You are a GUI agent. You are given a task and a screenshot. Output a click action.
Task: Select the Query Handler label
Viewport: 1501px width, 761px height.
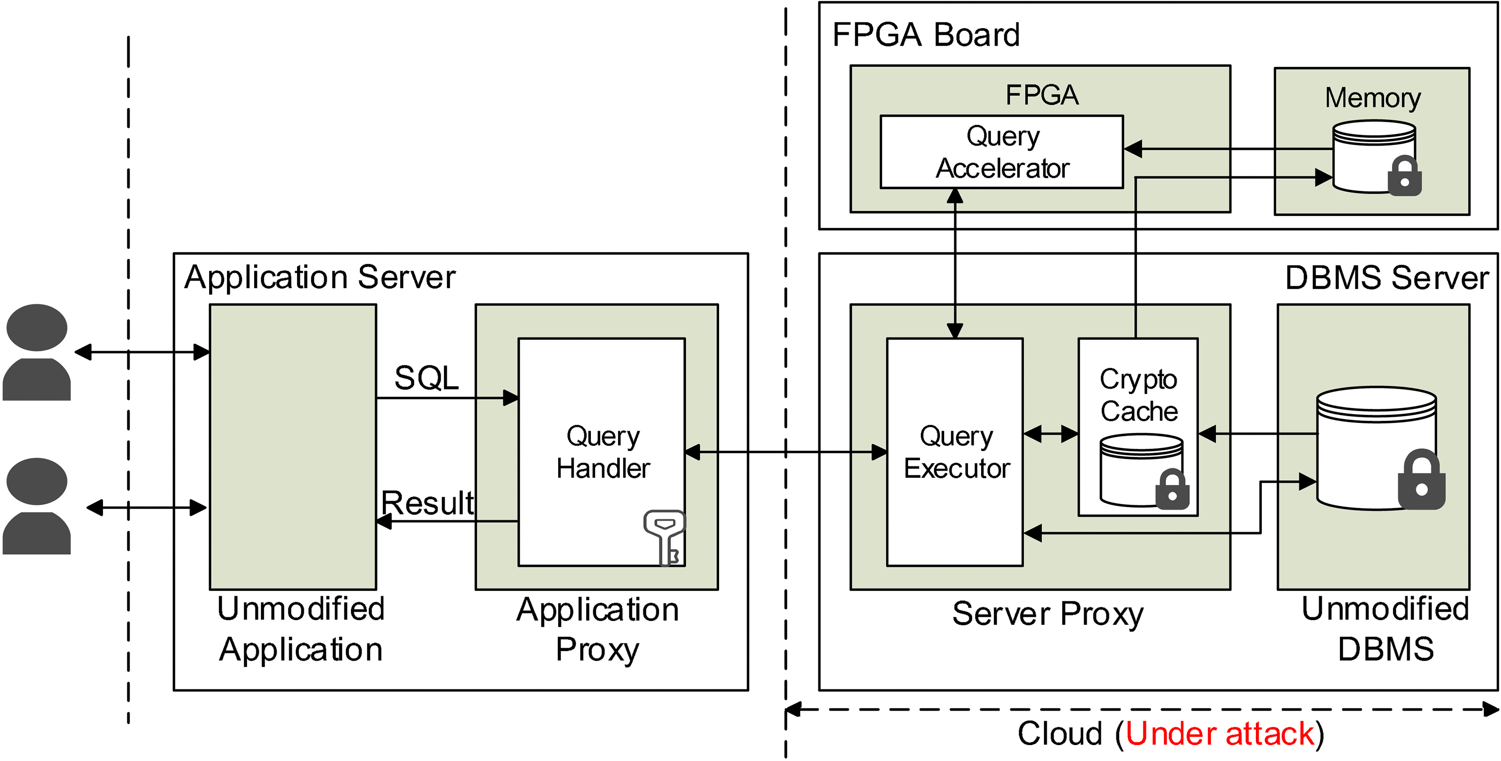603,452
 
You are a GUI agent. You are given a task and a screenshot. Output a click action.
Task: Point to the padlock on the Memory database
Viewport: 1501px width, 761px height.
1404,176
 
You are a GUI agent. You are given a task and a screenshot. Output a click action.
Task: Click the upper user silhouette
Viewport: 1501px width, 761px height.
36,352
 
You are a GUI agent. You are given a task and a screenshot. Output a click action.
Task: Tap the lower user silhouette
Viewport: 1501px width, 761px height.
36,506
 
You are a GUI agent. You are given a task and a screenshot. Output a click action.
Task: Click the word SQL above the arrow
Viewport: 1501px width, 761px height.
427,378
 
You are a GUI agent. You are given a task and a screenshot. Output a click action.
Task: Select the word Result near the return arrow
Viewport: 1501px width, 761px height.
427,502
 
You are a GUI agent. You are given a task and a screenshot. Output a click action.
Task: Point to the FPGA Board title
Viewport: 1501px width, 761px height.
925,35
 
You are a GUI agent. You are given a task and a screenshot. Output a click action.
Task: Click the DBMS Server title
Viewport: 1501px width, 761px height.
1387,278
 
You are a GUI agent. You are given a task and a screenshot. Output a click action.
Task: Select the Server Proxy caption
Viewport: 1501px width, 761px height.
1048,613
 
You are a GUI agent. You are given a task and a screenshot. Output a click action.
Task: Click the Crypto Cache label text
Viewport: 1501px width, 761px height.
1138,395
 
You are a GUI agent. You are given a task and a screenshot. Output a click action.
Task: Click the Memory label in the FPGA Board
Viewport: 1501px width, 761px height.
1372,97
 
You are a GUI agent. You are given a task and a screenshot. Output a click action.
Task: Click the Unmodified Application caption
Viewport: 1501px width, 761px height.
301,628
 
